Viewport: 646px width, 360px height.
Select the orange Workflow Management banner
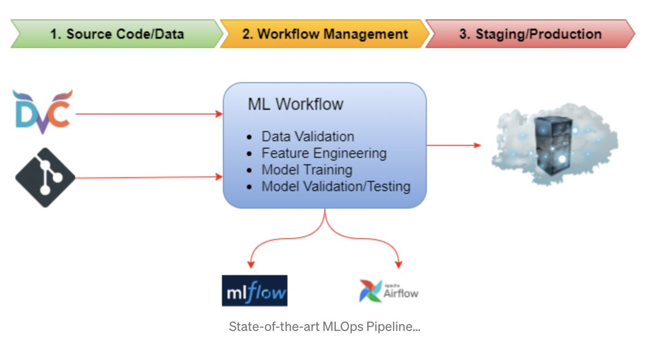click(325, 34)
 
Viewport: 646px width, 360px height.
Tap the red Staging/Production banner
click(530, 34)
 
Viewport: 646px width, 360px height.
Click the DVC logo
click(42, 112)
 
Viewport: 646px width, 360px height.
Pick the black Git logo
click(44, 177)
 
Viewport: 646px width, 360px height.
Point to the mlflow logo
click(255, 291)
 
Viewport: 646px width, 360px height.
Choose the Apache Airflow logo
click(389, 291)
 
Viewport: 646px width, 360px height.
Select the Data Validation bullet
click(308, 136)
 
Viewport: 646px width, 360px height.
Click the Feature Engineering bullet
click(324, 153)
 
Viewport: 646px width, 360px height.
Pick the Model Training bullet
click(307, 170)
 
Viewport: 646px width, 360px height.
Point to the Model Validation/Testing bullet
click(336, 187)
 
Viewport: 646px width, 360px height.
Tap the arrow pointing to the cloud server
click(454, 145)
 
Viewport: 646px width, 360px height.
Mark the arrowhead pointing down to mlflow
click(250, 264)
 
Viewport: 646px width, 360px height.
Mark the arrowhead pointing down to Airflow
click(398, 264)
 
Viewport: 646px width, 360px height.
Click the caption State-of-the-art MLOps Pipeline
click(324, 327)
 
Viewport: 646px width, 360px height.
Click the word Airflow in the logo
click(401, 293)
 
